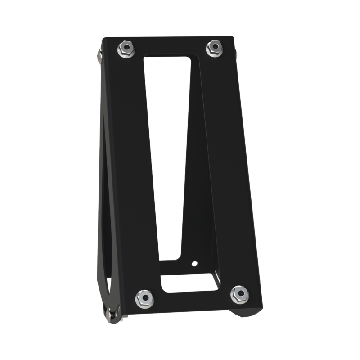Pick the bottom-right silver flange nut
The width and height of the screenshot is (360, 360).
[238, 295]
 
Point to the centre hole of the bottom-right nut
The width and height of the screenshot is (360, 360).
[238, 295]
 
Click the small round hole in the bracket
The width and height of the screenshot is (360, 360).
[194, 263]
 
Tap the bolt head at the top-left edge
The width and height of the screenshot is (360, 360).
[99, 55]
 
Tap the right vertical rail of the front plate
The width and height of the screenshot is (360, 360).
[229, 171]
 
